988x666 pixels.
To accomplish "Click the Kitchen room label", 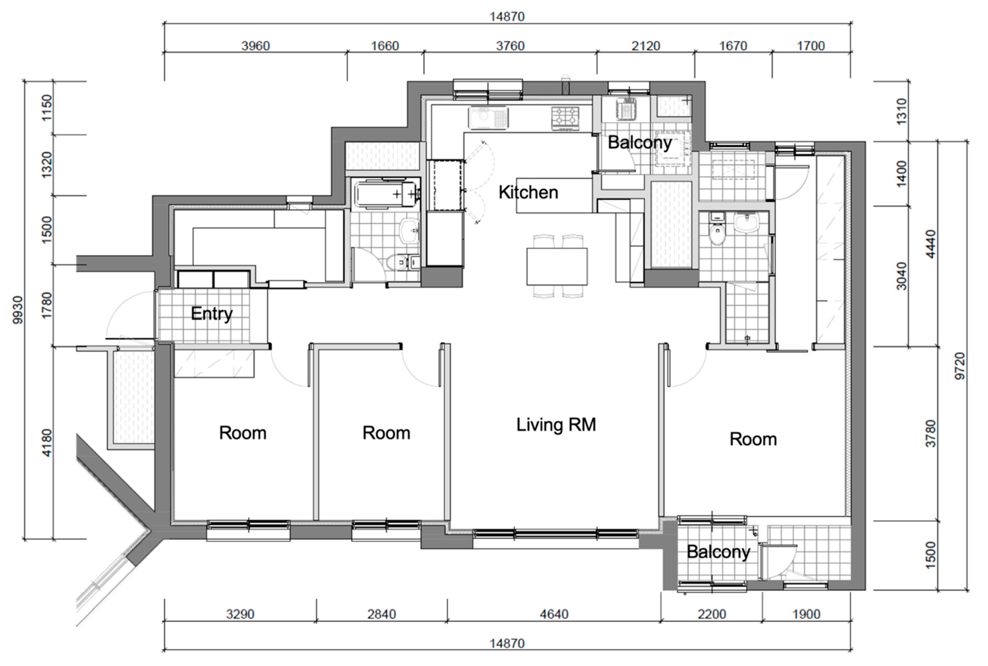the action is [528, 192].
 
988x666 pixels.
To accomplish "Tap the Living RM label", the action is [556, 425].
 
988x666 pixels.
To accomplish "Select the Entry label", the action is [211, 314].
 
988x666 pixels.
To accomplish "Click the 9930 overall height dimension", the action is [18, 310].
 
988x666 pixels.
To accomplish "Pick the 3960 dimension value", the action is [256, 46].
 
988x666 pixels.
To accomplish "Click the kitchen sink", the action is [488, 117].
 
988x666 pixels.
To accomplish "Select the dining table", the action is [557, 266].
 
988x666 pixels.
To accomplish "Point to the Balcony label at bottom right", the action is [718, 552].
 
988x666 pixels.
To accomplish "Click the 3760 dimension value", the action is [510, 46].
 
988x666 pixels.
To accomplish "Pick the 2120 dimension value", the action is [646, 46].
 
